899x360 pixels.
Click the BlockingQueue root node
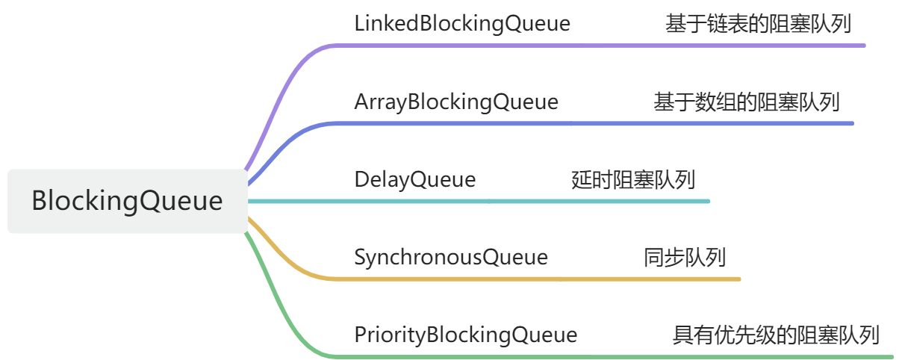coord(127,201)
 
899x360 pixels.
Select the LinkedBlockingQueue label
coord(462,24)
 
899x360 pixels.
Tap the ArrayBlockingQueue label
coord(456,102)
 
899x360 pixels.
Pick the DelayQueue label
coord(414,179)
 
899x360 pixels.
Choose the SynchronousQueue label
coord(451,257)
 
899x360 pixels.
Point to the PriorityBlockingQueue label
coord(466,335)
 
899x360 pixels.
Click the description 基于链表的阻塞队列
coord(759,24)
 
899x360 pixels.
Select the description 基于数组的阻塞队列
coord(747,102)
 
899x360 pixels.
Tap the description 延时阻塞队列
coord(633,179)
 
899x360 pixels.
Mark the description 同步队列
coord(685,257)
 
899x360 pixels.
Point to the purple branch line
coord(597,46)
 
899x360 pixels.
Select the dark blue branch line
coord(597,123)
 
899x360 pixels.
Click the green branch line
coord(597,356)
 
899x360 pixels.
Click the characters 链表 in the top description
coord(727,24)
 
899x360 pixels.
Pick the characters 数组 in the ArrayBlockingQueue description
coord(715,102)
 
